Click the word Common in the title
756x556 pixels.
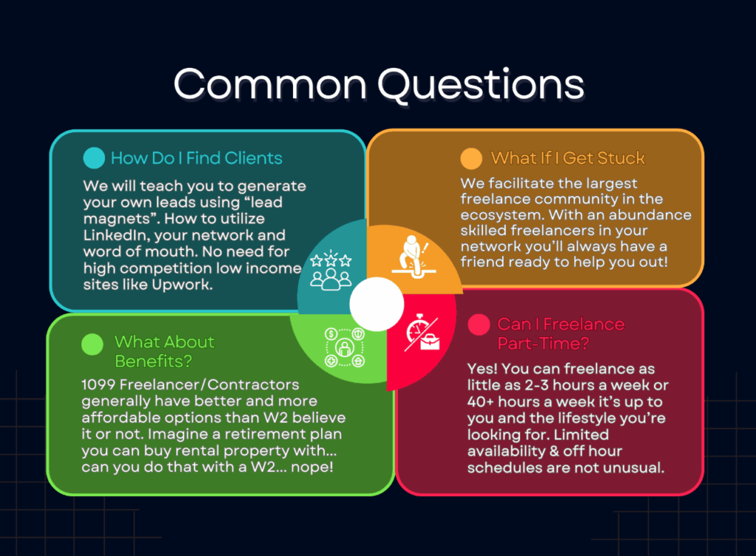[x=270, y=84]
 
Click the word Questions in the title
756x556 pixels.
[x=481, y=86]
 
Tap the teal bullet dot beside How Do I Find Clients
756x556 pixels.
[x=94, y=158]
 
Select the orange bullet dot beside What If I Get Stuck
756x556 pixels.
[x=471, y=159]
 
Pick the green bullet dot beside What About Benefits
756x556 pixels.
[x=92, y=344]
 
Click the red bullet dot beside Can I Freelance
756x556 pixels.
[x=478, y=324]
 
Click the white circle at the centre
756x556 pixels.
[x=377, y=305]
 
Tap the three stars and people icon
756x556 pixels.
[x=331, y=270]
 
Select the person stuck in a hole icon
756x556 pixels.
[x=413, y=257]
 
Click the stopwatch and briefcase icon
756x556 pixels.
[x=422, y=333]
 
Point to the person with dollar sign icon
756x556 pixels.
[x=345, y=347]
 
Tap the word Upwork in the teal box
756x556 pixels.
[x=182, y=285]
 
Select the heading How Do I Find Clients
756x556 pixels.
[x=196, y=158]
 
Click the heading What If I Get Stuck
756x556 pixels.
[x=568, y=158]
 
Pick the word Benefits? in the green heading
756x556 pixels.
[x=154, y=361]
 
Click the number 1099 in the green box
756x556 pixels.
[x=98, y=385]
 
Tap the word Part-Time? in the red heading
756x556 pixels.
[x=543, y=343]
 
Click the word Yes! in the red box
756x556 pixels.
[x=482, y=369]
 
